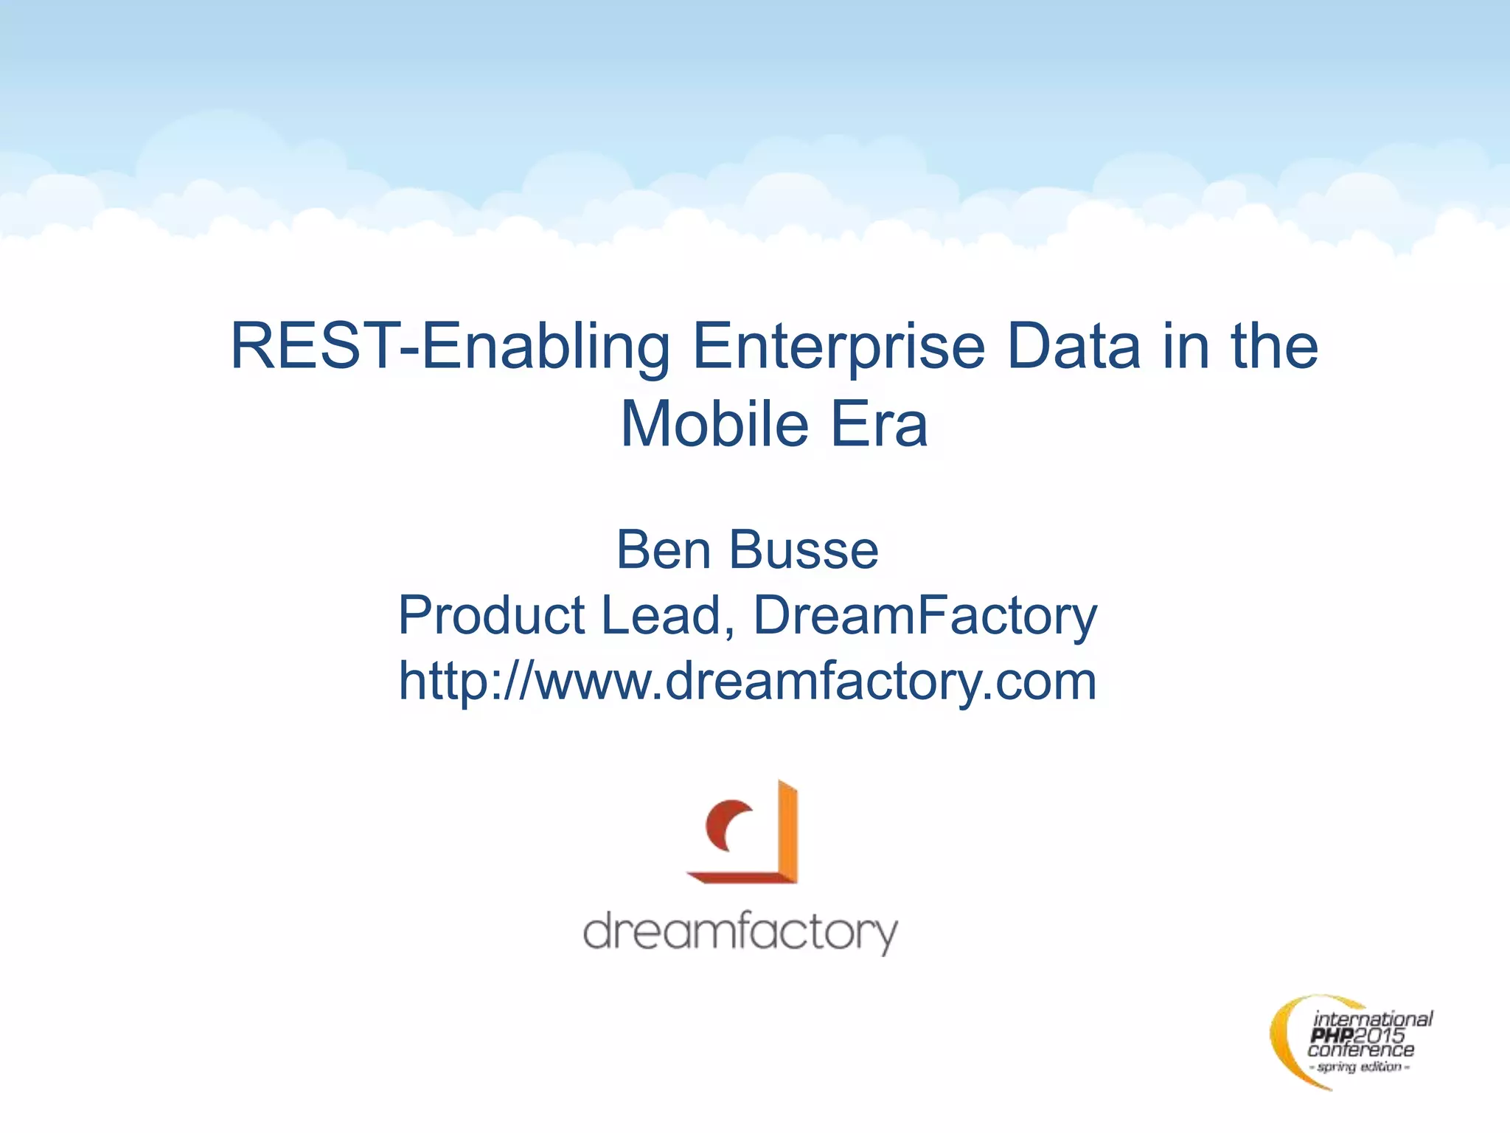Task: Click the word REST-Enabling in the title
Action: (450, 347)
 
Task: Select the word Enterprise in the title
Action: (839, 347)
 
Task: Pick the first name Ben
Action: (664, 550)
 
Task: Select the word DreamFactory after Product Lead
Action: (925, 615)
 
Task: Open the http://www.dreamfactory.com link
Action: (748, 680)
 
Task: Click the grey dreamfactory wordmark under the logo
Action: (740, 932)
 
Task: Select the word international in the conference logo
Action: (1372, 1020)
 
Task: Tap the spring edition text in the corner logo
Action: (1360, 1067)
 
